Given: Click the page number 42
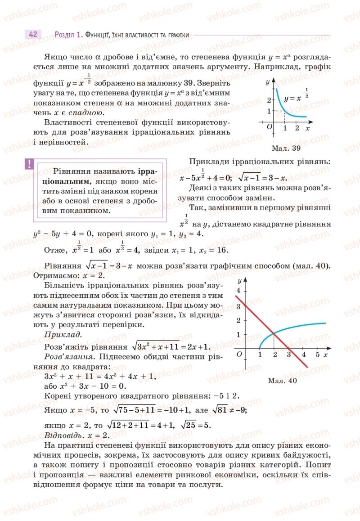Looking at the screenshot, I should click(32, 35).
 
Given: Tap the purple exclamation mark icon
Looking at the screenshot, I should click(29, 164).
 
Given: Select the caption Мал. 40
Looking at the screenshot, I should click(283, 381).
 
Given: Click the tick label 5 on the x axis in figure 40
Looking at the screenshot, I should click(317, 355).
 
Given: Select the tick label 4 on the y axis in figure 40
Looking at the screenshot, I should click(239, 291).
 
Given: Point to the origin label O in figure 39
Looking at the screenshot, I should click(270, 127).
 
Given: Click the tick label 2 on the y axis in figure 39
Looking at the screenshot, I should click(269, 100).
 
